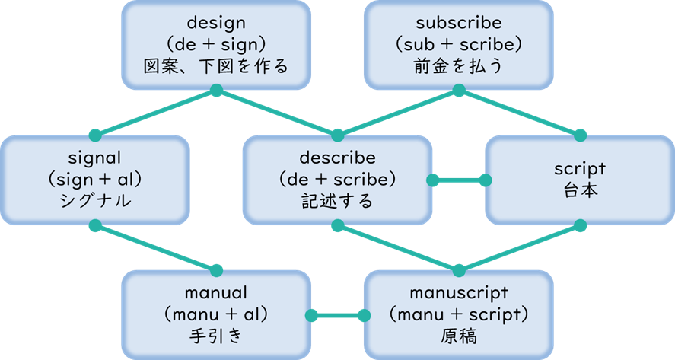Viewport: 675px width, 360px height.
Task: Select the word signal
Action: tap(95, 160)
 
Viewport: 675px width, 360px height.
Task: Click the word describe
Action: tap(337, 160)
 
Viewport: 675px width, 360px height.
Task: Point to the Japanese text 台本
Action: tap(579, 191)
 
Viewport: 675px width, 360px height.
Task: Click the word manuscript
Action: tap(458, 293)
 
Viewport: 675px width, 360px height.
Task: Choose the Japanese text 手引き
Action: tap(216, 336)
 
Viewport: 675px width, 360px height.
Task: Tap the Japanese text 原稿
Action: tap(458, 336)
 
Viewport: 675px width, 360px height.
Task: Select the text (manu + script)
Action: tap(458, 314)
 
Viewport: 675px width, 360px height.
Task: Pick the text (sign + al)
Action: tap(95, 180)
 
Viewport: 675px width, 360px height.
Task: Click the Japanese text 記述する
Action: tap(337, 202)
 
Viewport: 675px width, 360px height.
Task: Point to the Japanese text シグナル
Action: tap(95, 202)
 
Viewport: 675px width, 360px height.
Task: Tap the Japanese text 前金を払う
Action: tap(458, 67)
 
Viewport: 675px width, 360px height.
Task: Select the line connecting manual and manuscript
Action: tap(337, 315)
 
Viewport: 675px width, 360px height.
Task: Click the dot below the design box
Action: tap(216, 91)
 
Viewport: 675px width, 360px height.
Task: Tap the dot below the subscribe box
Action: tap(458, 91)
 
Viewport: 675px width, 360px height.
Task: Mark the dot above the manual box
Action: tap(216, 270)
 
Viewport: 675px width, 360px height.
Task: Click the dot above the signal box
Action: tap(95, 135)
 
